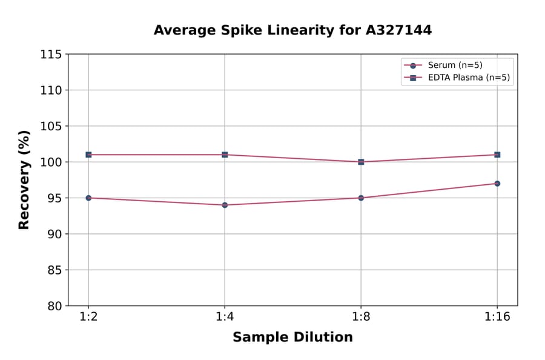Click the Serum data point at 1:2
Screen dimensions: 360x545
click(x=88, y=198)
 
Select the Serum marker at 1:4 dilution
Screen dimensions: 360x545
click(x=225, y=205)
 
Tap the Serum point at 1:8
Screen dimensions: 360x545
click(x=361, y=198)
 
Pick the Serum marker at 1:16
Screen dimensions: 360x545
click(x=497, y=183)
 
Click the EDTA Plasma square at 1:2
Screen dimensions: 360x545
click(x=88, y=155)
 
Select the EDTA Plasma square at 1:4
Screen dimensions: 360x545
click(x=225, y=155)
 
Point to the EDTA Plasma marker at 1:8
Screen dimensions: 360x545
click(x=361, y=162)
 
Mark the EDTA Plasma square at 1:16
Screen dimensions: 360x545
click(x=497, y=155)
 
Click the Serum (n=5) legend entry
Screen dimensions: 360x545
click(x=455, y=65)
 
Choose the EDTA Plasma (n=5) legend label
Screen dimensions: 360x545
click(x=469, y=78)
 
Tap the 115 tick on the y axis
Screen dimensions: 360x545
click(x=51, y=55)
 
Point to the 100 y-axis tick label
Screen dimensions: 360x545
click(x=51, y=162)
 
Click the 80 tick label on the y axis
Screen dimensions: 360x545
click(x=54, y=306)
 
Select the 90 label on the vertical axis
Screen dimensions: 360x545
click(x=54, y=234)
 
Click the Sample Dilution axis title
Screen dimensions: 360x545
click(x=292, y=338)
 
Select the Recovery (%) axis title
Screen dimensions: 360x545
click(x=24, y=179)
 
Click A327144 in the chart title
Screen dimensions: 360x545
click(x=398, y=30)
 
